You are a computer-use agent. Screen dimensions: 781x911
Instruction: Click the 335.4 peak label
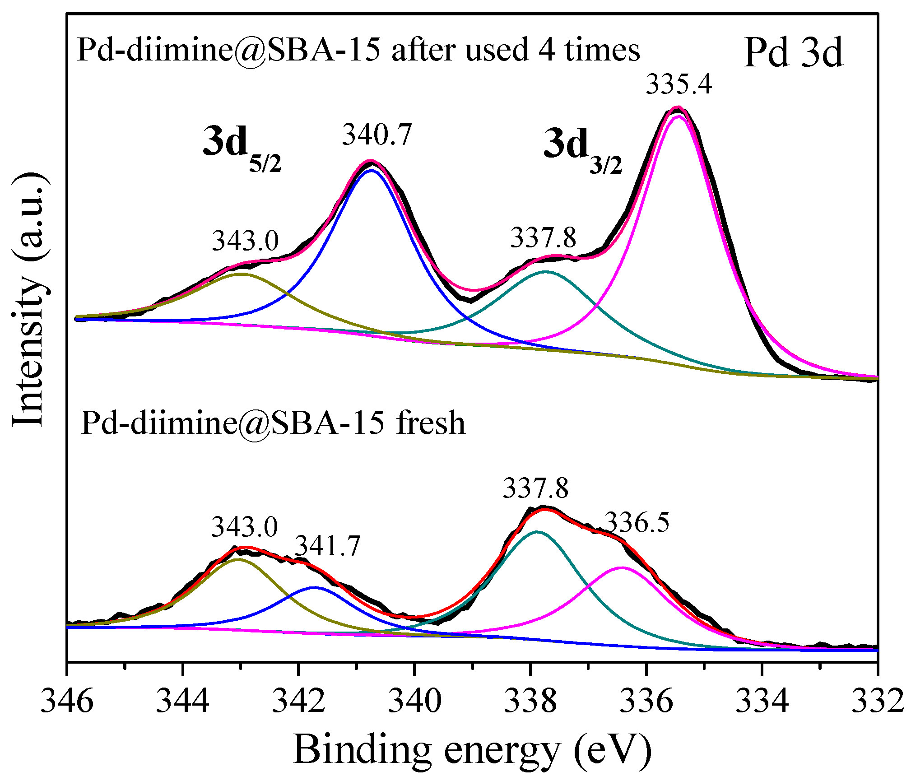679,84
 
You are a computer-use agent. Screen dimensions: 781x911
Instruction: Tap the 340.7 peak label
377,135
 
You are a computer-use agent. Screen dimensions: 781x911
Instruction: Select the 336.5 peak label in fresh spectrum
637,523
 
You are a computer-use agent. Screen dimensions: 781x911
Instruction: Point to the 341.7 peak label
328,546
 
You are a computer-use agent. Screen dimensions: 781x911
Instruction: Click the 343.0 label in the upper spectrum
246,240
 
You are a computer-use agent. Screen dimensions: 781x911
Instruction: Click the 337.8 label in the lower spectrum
535,488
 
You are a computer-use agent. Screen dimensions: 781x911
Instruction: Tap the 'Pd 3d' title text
793,53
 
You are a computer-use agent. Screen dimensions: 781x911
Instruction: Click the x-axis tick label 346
67,701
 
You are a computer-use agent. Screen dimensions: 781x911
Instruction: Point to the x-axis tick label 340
414,701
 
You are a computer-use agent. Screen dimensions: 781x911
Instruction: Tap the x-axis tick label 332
878,701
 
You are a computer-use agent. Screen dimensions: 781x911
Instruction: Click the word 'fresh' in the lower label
430,423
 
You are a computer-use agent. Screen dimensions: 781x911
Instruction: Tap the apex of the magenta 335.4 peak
679,117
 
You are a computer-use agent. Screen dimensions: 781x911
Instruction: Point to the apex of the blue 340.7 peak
372,170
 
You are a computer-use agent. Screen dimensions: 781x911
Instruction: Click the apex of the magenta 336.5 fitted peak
622,567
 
